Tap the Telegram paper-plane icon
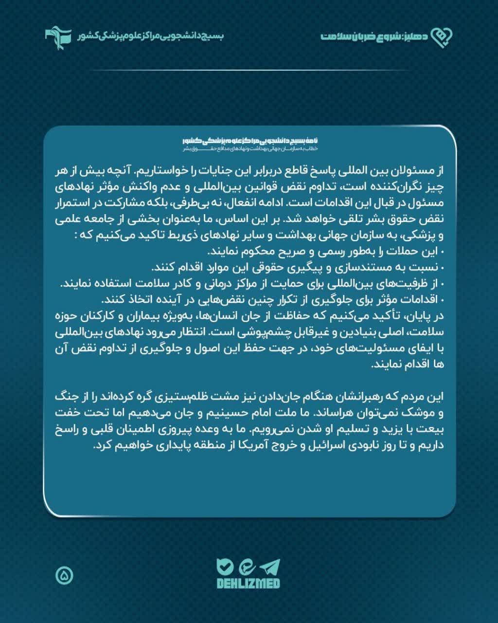click(270, 567)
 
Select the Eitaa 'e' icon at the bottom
click(247, 567)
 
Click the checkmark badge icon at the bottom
click(225, 567)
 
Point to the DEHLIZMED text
click(248, 583)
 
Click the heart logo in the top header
click(443, 37)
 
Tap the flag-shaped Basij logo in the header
click(58, 36)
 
